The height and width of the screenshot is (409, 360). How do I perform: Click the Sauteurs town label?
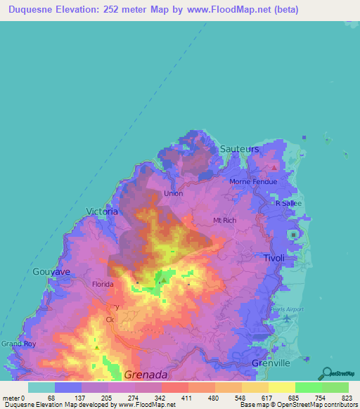[x=239, y=150]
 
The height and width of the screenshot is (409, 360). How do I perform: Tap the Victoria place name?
[x=101, y=211]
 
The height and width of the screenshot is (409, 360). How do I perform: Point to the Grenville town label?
[x=271, y=363]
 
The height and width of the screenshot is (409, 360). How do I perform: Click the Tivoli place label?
[x=274, y=259]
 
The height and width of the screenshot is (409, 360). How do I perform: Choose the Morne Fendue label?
[x=253, y=182]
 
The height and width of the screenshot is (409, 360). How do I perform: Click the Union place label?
[x=173, y=193]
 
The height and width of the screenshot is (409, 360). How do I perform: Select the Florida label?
[x=103, y=285]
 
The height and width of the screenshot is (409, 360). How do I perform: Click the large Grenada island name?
[x=146, y=375]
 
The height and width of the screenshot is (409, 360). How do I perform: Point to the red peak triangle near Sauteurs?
[x=274, y=167]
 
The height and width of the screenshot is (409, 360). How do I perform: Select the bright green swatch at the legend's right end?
[x=335, y=387]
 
